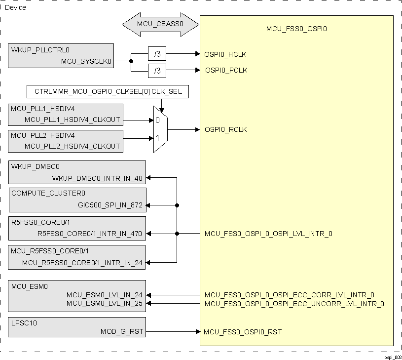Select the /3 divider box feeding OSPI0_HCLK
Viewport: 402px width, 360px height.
(x=157, y=54)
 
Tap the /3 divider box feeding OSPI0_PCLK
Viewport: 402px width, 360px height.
(x=157, y=71)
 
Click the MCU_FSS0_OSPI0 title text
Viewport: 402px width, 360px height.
(x=296, y=29)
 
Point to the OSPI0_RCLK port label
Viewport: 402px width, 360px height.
(x=225, y=130)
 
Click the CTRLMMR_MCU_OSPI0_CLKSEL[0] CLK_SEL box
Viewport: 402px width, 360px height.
(x=108, y=92)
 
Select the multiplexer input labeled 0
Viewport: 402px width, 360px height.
(x=157, y=120)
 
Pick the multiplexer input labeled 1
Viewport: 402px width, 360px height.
(x=157, y=138)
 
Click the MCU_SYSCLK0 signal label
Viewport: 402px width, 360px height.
(x=86, y=62)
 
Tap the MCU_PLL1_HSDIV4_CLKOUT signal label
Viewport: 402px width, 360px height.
(x=72, y=120)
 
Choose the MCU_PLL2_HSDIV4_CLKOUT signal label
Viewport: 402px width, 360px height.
(x=72, y=147)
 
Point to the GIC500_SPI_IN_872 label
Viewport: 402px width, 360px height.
(x=110, y=204)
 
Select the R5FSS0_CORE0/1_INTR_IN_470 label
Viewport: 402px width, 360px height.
(x=90, y=234)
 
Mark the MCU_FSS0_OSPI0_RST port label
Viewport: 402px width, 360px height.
(x=243, y=332)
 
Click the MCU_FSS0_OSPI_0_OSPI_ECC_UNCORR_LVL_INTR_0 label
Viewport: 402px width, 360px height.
(x=294, y=304)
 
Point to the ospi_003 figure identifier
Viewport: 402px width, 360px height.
(x=393, y=357)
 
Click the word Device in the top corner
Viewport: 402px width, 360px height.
(x=15, y=7)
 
